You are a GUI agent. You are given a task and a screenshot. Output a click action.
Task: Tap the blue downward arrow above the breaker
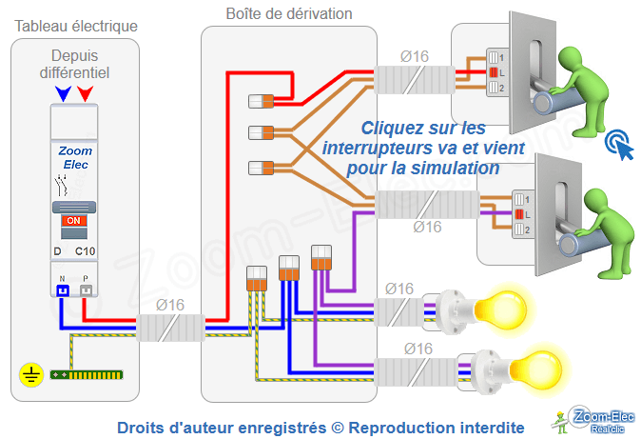63,93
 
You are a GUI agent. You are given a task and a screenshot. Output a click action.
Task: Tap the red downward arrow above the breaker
86,93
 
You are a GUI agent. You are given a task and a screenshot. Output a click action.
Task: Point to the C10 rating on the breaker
86,251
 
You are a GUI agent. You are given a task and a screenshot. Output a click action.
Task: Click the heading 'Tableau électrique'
75,25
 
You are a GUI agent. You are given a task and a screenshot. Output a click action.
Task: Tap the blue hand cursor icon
619,145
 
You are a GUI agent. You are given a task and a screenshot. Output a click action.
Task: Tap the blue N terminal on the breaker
63,288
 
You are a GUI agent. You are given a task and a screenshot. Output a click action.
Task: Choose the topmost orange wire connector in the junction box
261,101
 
